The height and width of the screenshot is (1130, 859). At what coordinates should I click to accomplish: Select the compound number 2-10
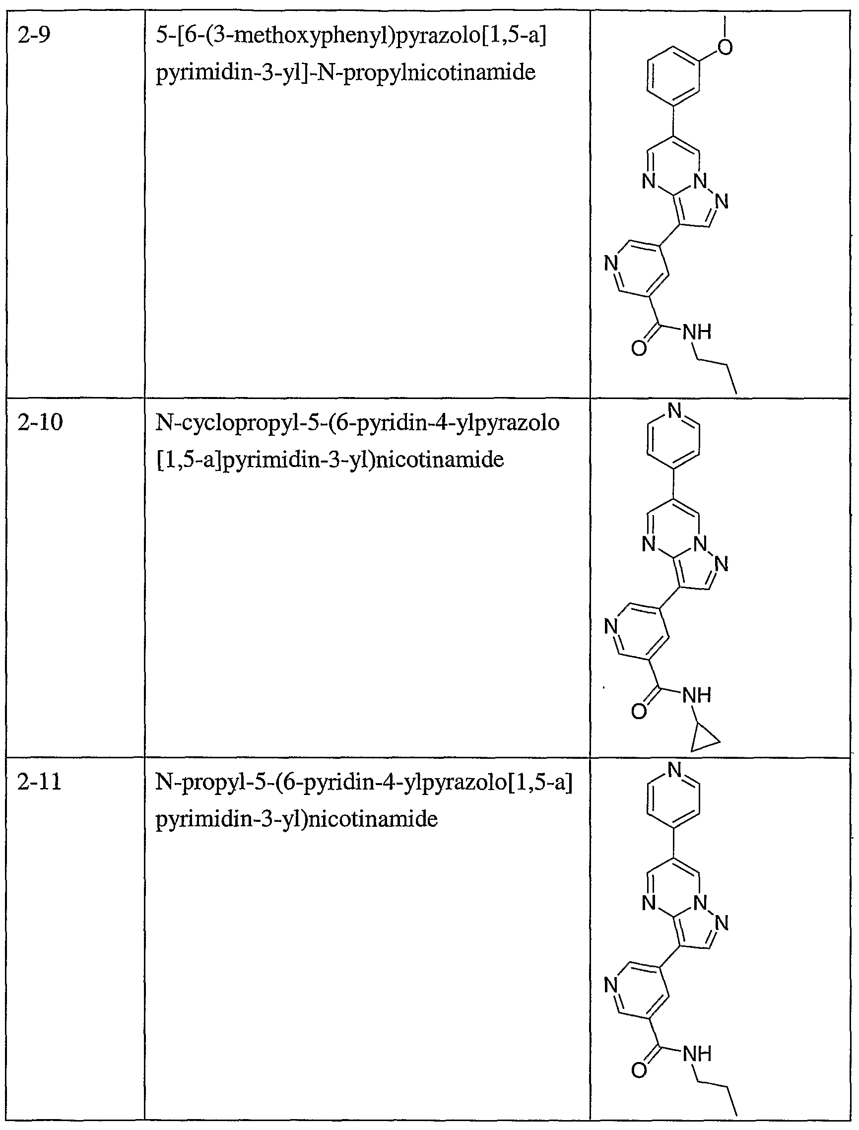pyautogui.click(x=40, y=423)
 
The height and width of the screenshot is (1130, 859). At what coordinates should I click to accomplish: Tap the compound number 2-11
pyautogui.click(x=39, y=782)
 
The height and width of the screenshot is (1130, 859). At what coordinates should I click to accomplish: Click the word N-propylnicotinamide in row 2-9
pyautogui.click(x=426, y=72)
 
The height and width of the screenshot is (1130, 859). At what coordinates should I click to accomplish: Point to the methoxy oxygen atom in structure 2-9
pyautogui.click(x=725, y=47)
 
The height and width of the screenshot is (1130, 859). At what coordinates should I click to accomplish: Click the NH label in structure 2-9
pyautogui.click(x=697, y=332)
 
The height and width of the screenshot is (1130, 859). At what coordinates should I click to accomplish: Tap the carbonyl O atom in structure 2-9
pyautogui.click(x=639, y=349)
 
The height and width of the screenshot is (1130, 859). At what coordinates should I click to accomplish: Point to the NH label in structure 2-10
pyautogui.click(x=697, y=695)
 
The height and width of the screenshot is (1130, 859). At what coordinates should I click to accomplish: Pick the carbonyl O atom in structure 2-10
pyautogui.click(x=639, y=711)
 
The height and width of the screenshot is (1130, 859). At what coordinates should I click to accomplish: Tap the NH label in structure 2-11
pyautogui.click(x=697, y=1054)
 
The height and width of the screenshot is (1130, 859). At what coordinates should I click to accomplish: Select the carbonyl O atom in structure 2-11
pyautogui.click(x=639, y=1070)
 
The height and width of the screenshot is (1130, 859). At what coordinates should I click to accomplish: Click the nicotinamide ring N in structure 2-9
pyautogui.click(x=611, y=264)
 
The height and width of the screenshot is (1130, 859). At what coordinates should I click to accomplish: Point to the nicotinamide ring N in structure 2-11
pyautogui.click(x=611, y=985)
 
